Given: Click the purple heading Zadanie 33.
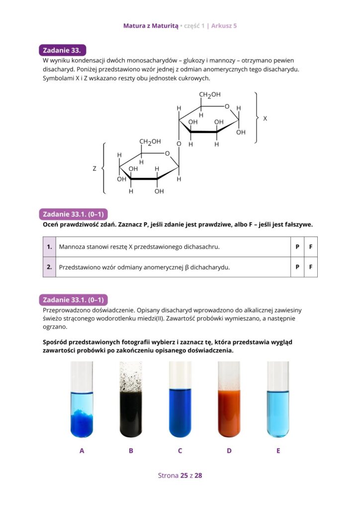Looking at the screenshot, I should tap(63, 50).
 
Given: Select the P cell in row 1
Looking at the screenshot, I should tap(297, 247).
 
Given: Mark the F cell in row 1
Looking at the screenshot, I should tap(310, 247).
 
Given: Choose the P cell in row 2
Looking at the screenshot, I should tap(297, 267).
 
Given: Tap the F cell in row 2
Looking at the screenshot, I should tap(310, 267).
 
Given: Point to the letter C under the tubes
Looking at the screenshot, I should tap(180, 451).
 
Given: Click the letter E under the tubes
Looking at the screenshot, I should tap(278, 451).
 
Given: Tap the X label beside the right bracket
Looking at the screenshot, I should tap(265, 119).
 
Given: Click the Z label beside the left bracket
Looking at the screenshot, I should tap(94, 169).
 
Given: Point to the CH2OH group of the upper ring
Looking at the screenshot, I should tap(210, 95).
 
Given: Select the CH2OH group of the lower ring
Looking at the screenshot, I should tap(150, 142).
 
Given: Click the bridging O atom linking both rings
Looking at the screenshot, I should tap(179, 144).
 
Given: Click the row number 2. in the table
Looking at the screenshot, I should tap(49, 267).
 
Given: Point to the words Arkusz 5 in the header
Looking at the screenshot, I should tap(224, 25).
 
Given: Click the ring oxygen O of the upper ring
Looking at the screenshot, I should tap(227, 106).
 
